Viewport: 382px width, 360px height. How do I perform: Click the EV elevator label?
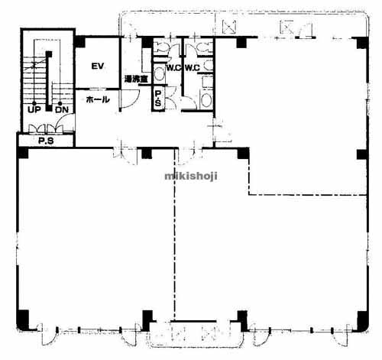98,66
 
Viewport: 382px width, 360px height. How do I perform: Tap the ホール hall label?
98,99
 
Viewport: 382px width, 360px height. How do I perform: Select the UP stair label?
34,110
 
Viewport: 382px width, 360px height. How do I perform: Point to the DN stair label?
62,110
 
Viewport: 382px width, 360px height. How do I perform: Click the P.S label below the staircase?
46,141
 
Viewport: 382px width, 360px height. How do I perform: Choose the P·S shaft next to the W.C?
158,99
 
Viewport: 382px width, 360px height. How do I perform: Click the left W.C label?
173,68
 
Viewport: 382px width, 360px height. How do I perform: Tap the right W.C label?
193,68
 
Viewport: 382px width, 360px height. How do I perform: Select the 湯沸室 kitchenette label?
136,79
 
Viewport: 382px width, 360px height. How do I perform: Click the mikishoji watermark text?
191,176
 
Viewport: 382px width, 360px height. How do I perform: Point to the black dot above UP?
34,103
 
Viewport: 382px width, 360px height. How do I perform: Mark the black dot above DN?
60,103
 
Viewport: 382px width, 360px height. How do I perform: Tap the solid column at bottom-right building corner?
363,320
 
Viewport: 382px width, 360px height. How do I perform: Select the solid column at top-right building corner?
362,43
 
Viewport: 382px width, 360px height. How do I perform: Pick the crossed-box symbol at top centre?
229,27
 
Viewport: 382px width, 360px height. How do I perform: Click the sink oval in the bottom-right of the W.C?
206,100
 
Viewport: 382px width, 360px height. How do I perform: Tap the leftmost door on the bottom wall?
48,335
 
